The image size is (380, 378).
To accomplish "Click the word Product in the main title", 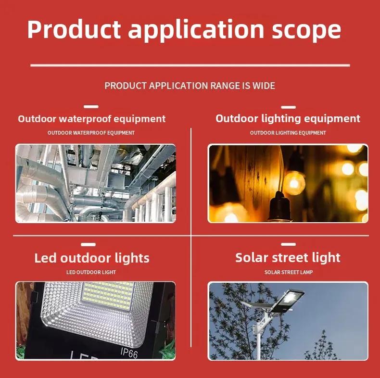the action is [74, 29].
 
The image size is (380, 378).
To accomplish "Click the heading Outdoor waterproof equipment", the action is [91, 119].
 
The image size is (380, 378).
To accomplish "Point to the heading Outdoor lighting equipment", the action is [288, 119].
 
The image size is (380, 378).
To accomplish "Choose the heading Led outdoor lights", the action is [92, 258].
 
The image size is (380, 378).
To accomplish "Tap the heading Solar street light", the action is [288, 258].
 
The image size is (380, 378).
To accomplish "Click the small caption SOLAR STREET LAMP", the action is [289, 272].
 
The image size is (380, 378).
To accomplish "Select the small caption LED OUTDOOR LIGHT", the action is [91, 272].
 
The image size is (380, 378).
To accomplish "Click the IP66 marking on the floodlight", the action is [129, 353].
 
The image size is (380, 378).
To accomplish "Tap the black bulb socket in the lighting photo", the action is [279, 205].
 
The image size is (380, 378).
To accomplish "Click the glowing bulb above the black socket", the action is [294, 183].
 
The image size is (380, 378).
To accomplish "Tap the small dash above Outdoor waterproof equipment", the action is [91, 107].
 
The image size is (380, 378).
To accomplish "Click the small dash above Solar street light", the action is [289, 244].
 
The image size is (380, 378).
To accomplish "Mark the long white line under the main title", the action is [190, 65].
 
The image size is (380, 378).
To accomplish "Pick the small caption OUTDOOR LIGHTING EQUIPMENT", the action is [288, 133].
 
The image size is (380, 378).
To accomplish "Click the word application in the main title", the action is [196, 30].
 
